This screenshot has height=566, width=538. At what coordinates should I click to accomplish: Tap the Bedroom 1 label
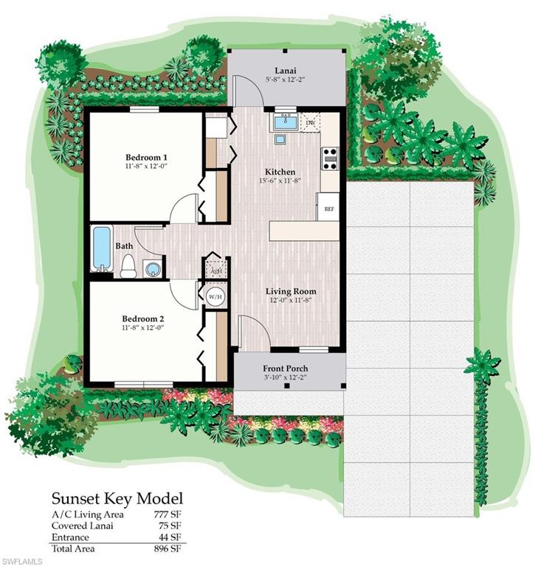coord(145,158)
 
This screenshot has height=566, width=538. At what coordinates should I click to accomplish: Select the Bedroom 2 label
coord(145,319)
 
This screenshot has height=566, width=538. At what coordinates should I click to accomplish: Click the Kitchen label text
coord(280,171)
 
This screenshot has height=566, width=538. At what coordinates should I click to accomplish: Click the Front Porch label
coord(285,368)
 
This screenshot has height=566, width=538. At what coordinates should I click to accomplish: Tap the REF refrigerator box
coord(329,209)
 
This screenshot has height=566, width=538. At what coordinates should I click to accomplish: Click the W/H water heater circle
coord(215,297)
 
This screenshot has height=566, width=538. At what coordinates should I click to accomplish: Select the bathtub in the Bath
coord(102,249)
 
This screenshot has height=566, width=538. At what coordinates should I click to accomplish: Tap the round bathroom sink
coord(153,268)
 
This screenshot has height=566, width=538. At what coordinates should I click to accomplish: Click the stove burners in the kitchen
coord(330,155)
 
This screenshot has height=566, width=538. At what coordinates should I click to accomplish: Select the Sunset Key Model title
coord(117,499)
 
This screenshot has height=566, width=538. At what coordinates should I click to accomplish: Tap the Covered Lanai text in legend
coord(80,525)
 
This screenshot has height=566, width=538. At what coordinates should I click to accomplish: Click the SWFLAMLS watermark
coord(22,561)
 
